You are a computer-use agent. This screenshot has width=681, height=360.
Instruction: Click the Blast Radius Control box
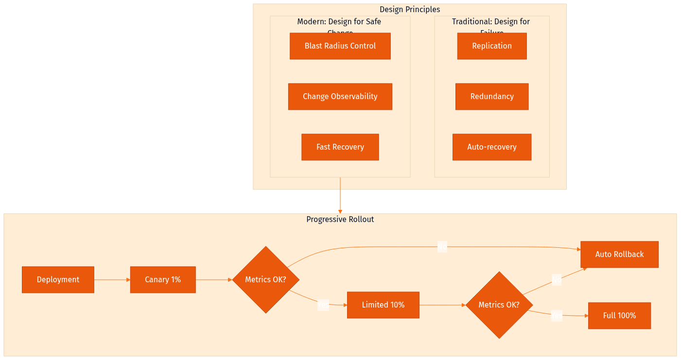(x=340, y=46)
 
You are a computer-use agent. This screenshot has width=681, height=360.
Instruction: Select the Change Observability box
(x=340, y=97)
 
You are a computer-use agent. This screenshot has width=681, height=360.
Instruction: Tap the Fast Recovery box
(x=340, y=147)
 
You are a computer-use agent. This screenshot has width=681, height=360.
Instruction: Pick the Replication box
(x=491, y=46)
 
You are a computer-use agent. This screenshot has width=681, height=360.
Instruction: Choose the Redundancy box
(x=491, y=97)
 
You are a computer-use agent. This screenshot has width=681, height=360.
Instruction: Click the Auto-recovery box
(x=491, y=147)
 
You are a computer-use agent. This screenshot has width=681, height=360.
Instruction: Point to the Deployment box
(x=58, y=280)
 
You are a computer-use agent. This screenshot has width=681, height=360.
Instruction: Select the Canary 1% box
(x=162, y=280)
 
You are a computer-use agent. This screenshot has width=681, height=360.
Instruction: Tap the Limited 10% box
(x=383, y=305)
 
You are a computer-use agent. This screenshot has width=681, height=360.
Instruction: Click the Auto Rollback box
(x=619, y=255)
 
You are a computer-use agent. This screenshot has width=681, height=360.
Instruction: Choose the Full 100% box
(x=619, y=316)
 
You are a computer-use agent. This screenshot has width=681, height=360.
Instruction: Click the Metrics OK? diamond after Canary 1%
(x=265, y=280)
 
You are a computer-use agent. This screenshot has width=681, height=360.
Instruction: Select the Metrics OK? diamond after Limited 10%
(x=499, y=305)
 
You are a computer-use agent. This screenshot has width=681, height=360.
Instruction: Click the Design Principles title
(x=409, y=10)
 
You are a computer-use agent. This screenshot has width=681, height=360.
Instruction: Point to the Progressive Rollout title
(x=340, y=220)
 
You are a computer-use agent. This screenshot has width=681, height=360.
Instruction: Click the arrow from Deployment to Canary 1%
(x=112, y=280)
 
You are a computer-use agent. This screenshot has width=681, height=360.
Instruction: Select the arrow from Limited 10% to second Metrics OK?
(x=442, y=305)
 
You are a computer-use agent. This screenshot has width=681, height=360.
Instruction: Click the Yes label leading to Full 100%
(x=556, y=316)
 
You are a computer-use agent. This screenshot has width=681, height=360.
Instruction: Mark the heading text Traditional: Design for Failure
(x=490, y=22)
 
